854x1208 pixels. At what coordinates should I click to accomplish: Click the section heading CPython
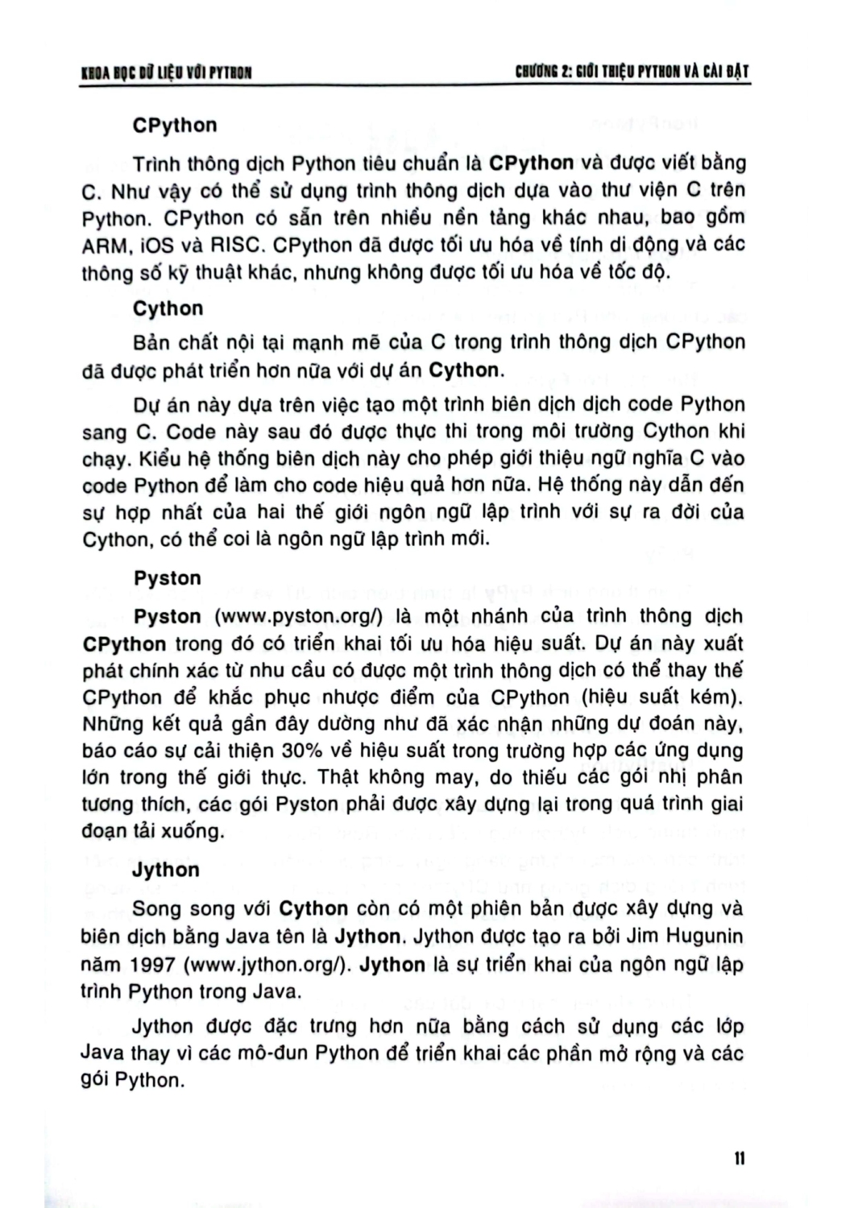175,126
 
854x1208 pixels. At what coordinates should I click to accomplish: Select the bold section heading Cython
168,308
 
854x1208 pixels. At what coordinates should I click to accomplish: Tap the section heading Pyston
168,578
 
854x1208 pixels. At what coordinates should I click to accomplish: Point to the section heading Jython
166,870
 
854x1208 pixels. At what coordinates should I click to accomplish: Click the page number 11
739,1158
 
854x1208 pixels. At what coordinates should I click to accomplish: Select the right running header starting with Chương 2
632,72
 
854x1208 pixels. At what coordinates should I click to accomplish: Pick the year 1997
153,965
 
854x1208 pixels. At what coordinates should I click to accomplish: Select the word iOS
158,245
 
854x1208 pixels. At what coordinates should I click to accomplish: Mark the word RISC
235,245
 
